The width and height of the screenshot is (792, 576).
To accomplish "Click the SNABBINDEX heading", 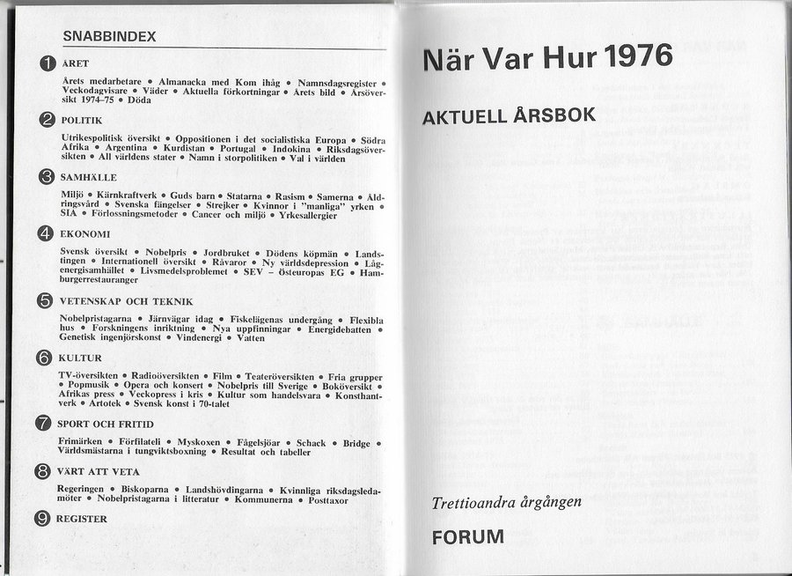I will tap(110, 37).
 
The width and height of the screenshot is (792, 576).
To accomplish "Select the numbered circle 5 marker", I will tap(45, 300).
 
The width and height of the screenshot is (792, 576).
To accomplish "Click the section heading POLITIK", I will tap(82, 120).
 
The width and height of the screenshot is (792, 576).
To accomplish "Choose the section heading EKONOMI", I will tap(85, 234).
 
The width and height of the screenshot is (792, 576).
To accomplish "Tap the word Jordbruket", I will tap(228, 253).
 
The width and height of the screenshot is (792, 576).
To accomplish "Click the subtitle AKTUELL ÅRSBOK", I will tap(510, 115).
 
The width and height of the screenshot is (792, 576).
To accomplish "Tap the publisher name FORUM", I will tap(467, 536).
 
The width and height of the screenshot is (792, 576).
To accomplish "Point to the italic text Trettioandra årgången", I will tap(506, 503).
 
